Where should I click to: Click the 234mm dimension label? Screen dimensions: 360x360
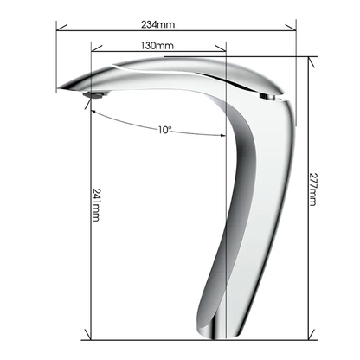(157, 24)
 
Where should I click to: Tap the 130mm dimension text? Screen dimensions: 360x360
(157, 46)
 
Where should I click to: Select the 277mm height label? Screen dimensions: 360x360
(312, 190)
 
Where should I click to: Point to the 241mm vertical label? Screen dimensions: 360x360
(96, 205)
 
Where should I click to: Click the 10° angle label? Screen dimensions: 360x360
(164, 130)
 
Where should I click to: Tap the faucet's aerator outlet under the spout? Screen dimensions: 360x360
(95, 94)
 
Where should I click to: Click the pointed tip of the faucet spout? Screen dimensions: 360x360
(58, 88)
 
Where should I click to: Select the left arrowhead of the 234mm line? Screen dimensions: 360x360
(61, 28)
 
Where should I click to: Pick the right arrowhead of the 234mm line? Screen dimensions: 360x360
(291, 28)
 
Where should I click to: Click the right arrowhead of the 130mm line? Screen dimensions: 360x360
(221, 48)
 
